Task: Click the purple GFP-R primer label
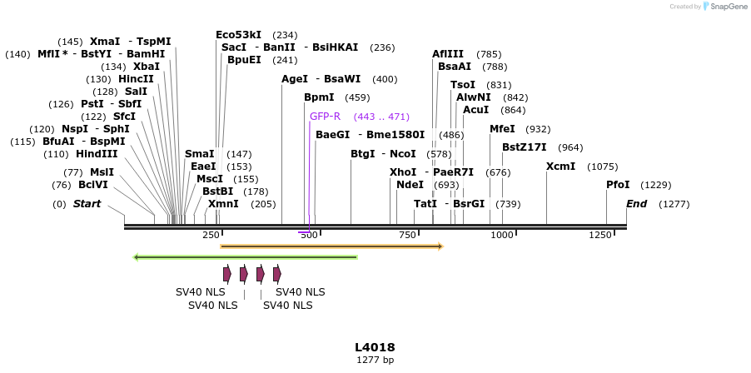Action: [x=326, y=117]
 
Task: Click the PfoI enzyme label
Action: [x=618, y=185]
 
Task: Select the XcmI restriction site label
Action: [x=560, y=167]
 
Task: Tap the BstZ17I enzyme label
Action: [x=525, y=147]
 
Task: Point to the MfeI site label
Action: [x=502, y=129]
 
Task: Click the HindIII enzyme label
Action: [x=97, y=154]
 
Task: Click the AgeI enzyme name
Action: [x=295, y=79]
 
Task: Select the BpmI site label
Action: [x=319, y=97]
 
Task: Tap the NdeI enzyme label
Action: [x=410, y=185]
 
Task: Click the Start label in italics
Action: [x=87, y=204]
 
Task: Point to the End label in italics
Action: [x=636, y=204]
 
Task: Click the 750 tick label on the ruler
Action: [x=406, y=236]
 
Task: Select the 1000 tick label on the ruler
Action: [x=502, y=236]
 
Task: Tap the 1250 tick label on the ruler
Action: [x=599, y=236]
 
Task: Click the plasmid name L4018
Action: [x=375, y=347]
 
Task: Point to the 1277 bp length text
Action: [x=375, y=360]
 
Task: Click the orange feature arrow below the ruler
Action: [x=331, y=246]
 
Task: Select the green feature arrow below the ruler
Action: [x=245, y=257]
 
